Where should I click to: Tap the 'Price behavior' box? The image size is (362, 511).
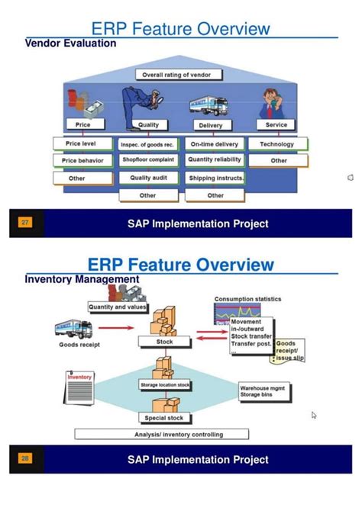82,161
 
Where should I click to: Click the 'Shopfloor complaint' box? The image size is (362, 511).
148,160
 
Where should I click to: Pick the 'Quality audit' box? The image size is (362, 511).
148,178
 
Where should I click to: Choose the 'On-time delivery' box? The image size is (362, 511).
215,143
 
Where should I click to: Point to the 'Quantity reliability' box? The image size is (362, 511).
215,160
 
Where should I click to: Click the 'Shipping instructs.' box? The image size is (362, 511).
215,178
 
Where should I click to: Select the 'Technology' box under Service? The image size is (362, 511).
276,143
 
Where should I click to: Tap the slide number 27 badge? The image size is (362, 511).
25,223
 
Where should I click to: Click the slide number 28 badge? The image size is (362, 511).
25,458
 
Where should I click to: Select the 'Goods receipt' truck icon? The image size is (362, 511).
74,328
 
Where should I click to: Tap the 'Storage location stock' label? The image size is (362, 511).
165,386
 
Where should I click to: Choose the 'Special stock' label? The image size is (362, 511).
164,417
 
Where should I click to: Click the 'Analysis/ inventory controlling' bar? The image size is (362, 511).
161,435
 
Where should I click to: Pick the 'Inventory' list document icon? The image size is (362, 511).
79,390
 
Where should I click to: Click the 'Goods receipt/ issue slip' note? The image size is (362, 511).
289,349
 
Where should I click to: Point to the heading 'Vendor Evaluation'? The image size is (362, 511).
71,43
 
